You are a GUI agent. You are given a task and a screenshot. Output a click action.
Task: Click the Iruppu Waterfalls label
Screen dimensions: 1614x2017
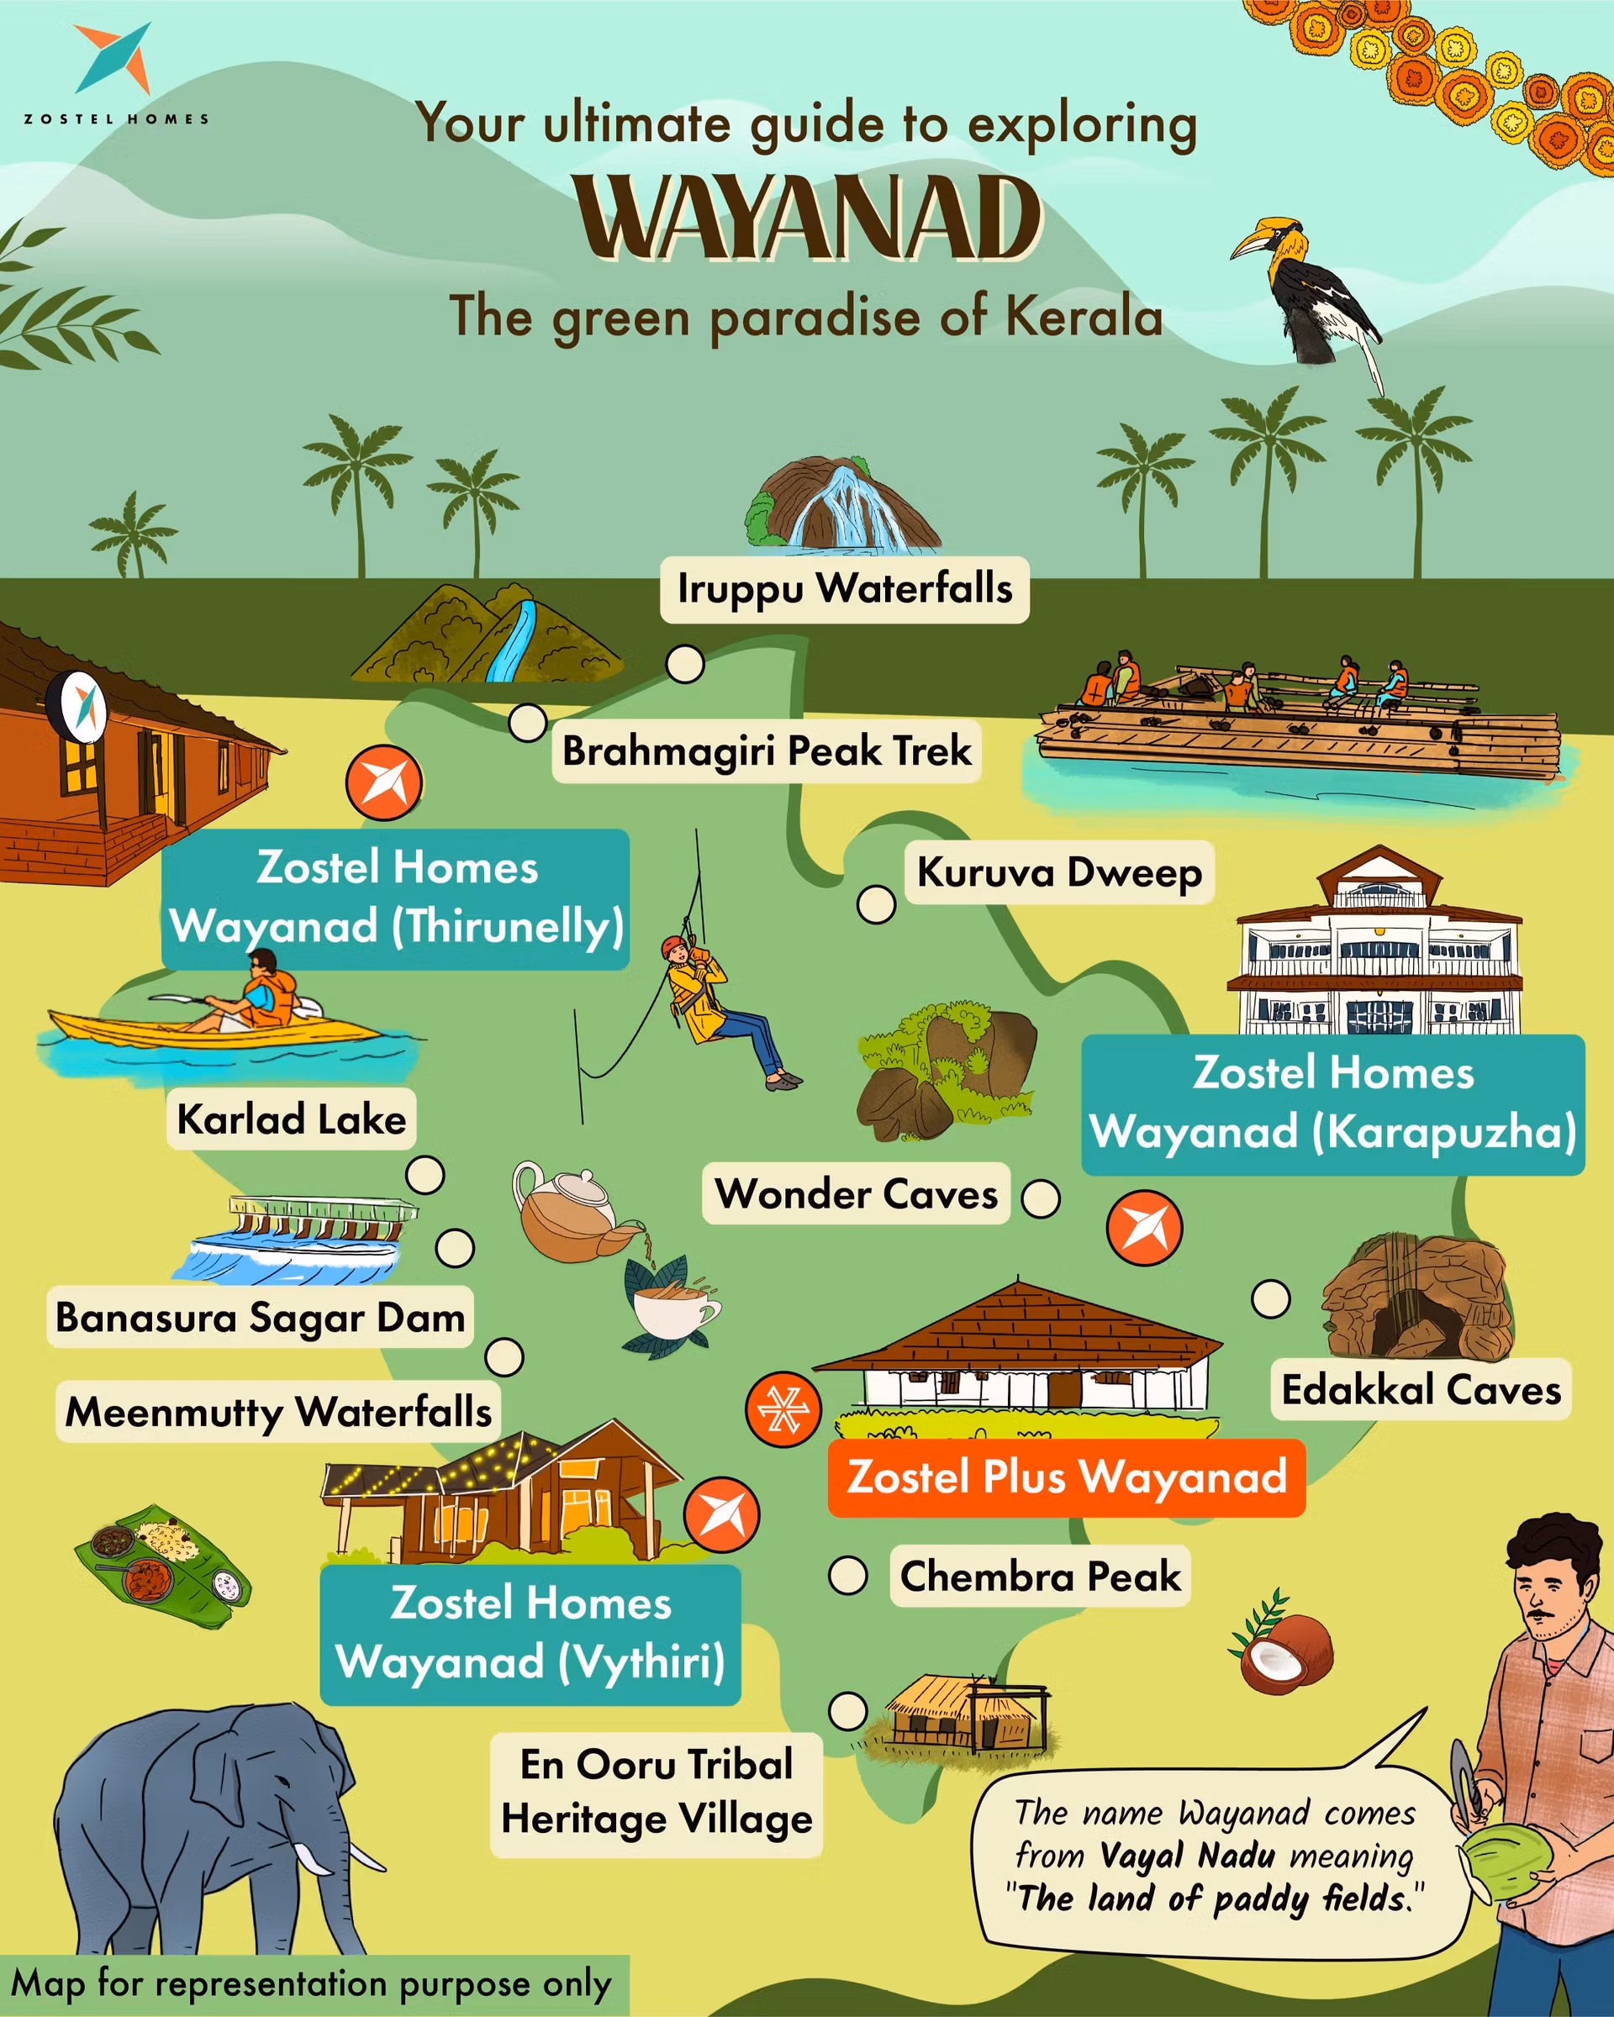(844, 589)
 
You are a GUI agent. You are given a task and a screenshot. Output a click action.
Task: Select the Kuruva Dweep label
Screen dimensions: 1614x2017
(1058, 872)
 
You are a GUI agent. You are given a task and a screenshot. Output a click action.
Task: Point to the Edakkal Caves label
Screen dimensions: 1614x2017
(1421, 1389)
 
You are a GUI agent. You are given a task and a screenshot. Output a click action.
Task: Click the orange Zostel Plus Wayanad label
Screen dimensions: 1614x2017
(1066, 1477)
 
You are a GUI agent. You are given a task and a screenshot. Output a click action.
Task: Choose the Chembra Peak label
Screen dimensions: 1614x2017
(1040, 1577)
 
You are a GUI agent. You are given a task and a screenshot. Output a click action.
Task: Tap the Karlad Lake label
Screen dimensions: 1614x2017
(291, 1119)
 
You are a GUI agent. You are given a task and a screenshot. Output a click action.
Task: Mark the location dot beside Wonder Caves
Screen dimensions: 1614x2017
(1040, 1198)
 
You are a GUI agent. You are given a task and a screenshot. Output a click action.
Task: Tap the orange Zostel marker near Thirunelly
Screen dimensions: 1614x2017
(383, 782)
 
